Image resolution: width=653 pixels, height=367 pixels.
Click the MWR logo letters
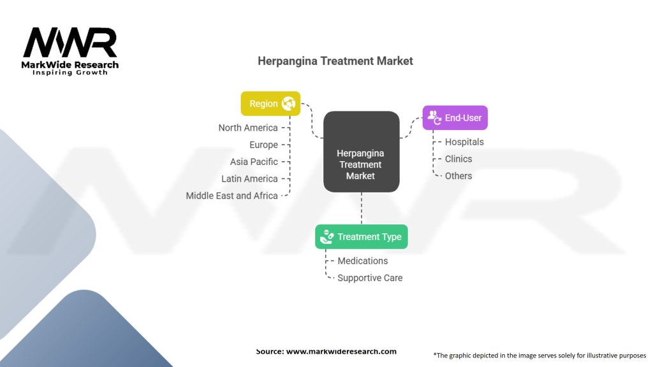70,42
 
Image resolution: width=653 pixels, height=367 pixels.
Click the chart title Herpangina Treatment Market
335,61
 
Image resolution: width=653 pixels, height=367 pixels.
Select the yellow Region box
270,104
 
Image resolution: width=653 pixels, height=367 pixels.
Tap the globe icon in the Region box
288,104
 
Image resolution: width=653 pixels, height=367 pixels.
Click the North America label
248,127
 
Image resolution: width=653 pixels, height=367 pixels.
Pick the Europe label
263,145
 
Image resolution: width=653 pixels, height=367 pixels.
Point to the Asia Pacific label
254,162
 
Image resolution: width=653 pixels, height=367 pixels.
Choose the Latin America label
249,179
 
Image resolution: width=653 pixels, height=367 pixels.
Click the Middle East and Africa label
231,196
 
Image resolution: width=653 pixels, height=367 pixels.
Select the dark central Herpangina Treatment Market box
362,152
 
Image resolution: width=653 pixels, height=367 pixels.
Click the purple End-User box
455,118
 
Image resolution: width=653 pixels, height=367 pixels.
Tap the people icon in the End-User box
434,117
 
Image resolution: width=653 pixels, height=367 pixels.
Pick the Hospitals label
464,142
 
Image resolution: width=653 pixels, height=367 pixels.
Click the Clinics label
459,159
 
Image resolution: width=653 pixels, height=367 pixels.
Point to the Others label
459,176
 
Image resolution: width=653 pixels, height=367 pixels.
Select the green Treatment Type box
362,237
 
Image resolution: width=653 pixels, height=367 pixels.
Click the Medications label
363,261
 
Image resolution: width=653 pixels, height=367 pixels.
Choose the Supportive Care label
370,278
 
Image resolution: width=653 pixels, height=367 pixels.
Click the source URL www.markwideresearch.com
341,351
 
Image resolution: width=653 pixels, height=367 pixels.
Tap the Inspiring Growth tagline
70,73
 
